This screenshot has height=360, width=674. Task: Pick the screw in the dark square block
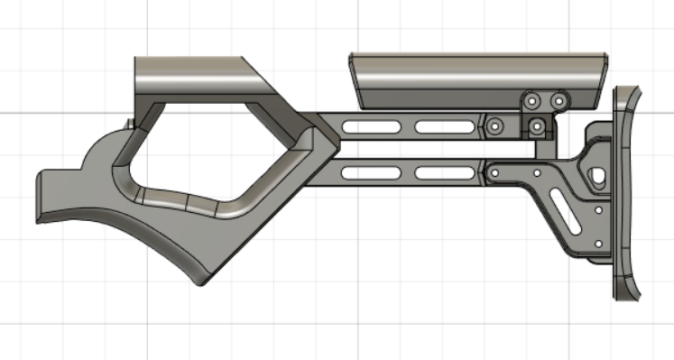pyautogui.click(x=537, y=125)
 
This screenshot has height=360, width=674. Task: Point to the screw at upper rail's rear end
pyautogui.click(x=494, y=126)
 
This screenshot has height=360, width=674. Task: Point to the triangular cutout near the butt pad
pyautogui.click(x=595, y=175)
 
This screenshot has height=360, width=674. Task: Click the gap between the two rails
pyautogui.click(x=406, y=147)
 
